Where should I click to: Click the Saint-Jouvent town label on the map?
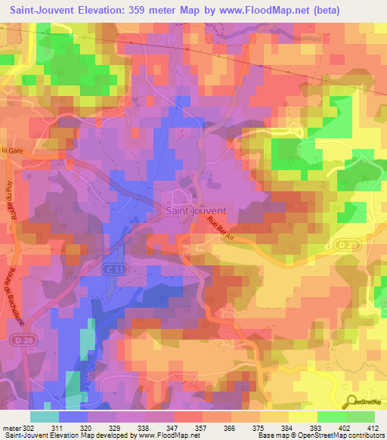pos(196,211)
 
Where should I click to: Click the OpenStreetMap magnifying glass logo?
pos(353,403)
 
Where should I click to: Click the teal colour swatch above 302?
pos(45,416)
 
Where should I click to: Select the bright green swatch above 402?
pos(331,416)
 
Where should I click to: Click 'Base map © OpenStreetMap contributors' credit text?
pos(320,435)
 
